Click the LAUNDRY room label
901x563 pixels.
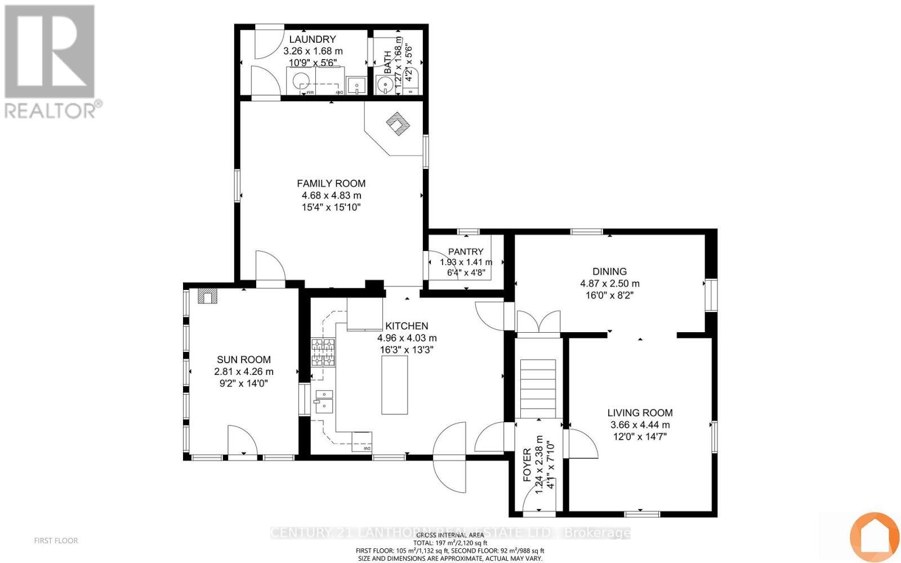313,39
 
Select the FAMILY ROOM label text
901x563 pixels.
331,184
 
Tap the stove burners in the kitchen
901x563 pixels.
323,352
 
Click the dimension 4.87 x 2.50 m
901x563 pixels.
610,284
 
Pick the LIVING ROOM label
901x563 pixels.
640,413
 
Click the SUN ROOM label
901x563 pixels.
244,360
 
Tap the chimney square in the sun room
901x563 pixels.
207,297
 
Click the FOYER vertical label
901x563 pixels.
527,465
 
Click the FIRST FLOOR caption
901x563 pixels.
56,540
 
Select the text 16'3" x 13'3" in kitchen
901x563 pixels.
407,350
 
